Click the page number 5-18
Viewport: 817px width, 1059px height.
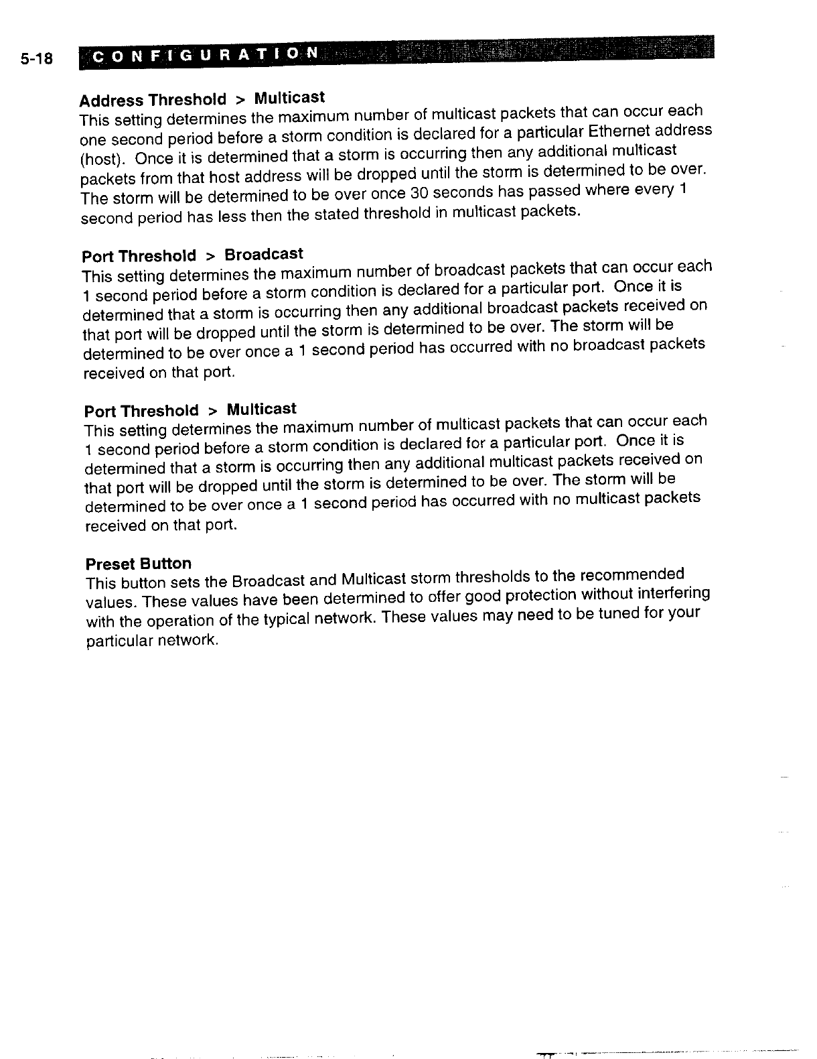(36, 59)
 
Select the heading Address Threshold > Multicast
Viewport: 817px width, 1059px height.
(202, 99)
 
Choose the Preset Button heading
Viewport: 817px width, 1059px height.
(139, 564)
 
